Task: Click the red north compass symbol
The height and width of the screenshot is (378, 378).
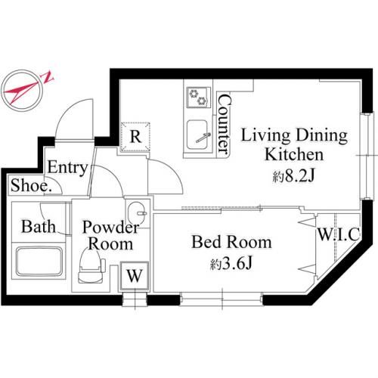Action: pos(27,90)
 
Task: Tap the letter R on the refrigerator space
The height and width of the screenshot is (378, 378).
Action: pos(136,137)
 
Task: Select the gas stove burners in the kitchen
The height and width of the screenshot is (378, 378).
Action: pos(198,97)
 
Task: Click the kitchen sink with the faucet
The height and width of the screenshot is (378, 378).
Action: pos(197,135)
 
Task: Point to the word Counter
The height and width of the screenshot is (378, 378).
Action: pos(224,124)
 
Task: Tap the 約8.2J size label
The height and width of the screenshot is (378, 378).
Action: pos(294,176)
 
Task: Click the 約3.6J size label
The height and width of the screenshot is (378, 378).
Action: pos(231,264)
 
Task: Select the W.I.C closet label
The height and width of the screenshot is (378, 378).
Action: pos(339,234)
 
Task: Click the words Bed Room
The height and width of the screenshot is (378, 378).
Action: pos(231,242)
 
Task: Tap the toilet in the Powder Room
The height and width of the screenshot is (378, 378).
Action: pos(91,266)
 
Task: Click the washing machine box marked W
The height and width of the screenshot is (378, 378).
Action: pos(135,276)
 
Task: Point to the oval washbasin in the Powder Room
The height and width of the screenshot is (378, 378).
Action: pos(136,212)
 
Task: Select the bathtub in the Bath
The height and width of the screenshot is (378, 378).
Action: pos(39,262)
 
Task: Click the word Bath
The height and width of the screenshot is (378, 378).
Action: pos(39,226)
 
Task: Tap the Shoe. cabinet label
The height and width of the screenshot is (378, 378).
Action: pos(30,186)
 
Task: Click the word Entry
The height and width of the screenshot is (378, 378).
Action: pos(67,167)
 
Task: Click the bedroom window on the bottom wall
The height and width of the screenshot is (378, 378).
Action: pos(222,299)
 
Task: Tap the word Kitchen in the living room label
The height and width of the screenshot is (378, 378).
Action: pos(294,154)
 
